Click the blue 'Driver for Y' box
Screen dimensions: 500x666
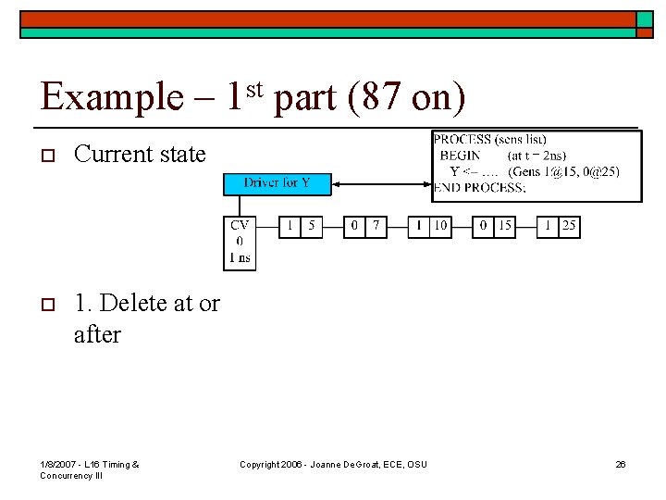point(277,183)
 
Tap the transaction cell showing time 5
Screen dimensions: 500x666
point(312,226)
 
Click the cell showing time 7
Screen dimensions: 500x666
point(376,226)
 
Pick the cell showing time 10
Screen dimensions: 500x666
point(441,226)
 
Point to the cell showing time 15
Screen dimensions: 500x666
point(506,226)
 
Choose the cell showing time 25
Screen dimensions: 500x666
point(568,226)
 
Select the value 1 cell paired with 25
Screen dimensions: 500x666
point(547,226)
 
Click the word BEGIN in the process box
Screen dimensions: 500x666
point(460,156)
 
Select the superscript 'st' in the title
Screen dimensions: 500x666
point(256,88)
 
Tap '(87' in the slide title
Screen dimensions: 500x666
point(372,97)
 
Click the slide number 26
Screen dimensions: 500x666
point(621,464)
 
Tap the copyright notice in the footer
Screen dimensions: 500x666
point(333,464)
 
